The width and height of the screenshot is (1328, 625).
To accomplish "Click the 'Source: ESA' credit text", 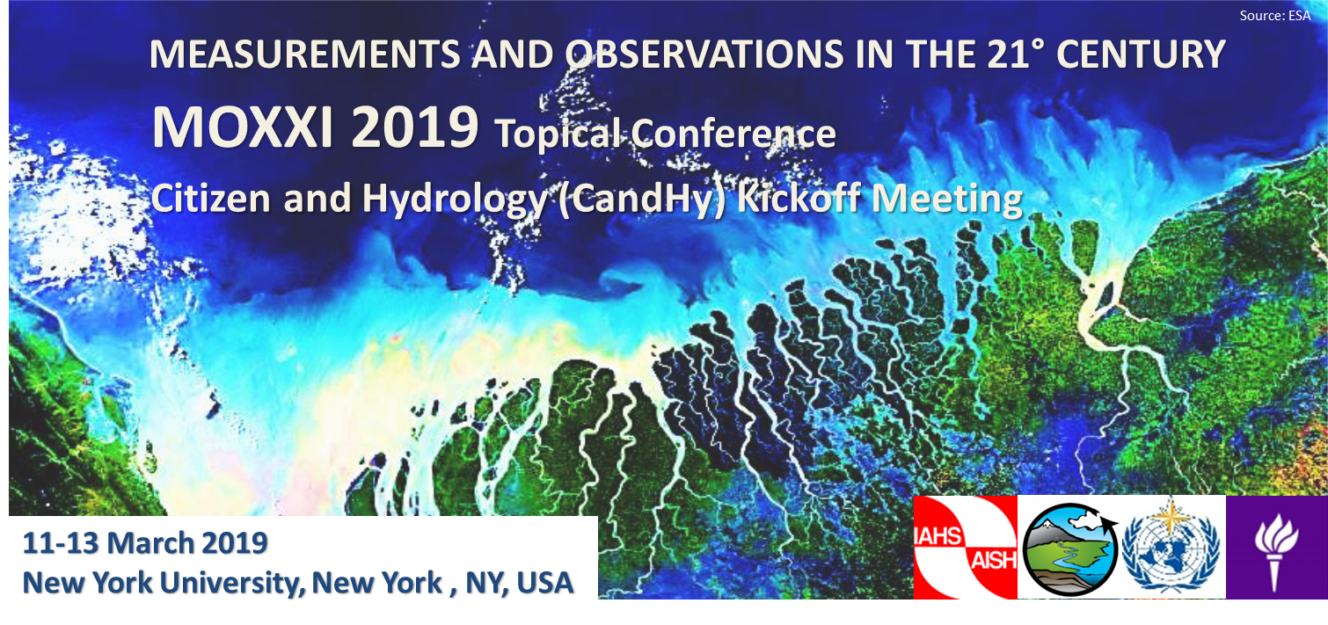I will coord(1275,16).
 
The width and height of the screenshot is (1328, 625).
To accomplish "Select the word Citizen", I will coord(211,199).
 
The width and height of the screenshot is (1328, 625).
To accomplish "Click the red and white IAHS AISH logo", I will coord(965,547).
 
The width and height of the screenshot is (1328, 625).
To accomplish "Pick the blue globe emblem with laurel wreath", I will coord(1173,547).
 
